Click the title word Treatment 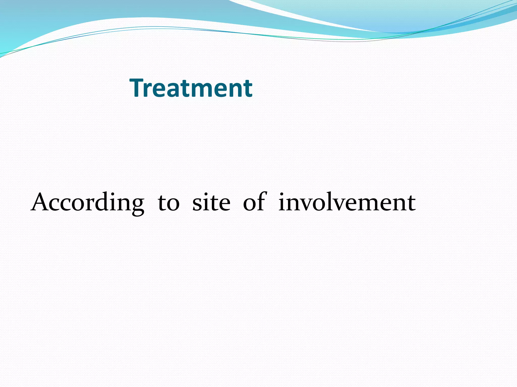click(191, 88)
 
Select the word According click(87, 203)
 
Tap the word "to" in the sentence click(169, 203)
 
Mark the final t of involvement click(411, 203)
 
